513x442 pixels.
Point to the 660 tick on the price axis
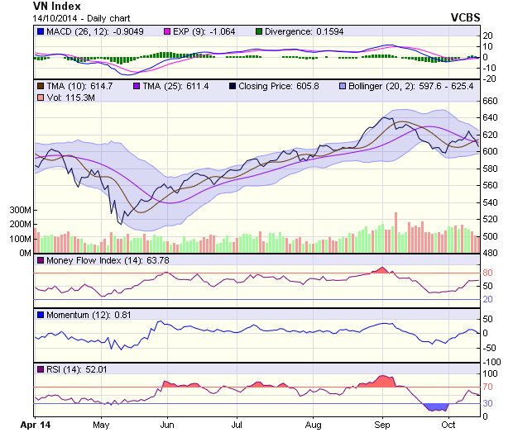click(490, 101)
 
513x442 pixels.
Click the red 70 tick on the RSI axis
click(488, 387)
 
